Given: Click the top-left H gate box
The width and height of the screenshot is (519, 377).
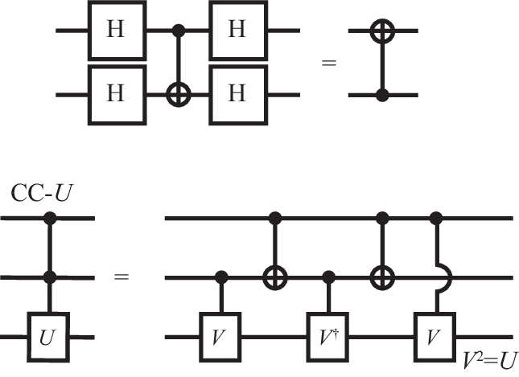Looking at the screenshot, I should point(116,31).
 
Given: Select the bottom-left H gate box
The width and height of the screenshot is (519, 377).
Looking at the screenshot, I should point(116,94).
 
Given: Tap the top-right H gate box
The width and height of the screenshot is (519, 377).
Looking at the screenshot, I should point(237,31).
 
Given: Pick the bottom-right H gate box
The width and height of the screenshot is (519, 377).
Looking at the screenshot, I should point(237,94).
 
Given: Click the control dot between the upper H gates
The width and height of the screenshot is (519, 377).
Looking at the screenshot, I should point(176,31).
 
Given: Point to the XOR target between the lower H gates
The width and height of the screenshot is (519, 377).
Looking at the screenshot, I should point(176,94).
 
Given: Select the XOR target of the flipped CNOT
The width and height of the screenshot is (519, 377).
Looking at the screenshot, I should point(383,31).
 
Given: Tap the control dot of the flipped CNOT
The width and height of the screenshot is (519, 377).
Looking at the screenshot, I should point(383,95).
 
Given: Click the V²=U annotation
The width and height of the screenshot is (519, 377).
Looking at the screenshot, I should point(488,359).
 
